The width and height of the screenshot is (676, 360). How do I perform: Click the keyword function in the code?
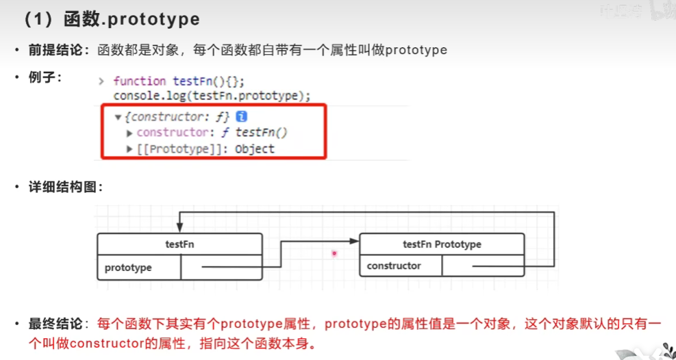[140, 81]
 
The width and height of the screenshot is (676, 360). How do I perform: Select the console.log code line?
[212, 95]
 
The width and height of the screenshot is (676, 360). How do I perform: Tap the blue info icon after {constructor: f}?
[241, 117]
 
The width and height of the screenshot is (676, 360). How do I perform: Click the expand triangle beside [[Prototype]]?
[129, 149]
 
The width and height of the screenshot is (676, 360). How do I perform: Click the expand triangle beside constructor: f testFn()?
[129, 133]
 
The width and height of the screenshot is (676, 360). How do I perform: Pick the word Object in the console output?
[254, 149]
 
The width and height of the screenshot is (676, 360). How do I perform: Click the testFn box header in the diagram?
[179, 244]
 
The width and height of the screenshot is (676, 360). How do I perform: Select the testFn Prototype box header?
[442, 244]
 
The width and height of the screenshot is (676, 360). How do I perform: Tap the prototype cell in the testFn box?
[128, 268]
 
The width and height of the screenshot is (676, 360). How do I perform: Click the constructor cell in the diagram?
[394, 266]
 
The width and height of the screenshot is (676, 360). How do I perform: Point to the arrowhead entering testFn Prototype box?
[355, 240]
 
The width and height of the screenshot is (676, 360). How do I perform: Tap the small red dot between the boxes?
[334, 253]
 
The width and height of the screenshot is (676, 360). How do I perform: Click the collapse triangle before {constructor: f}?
[118, 117]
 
